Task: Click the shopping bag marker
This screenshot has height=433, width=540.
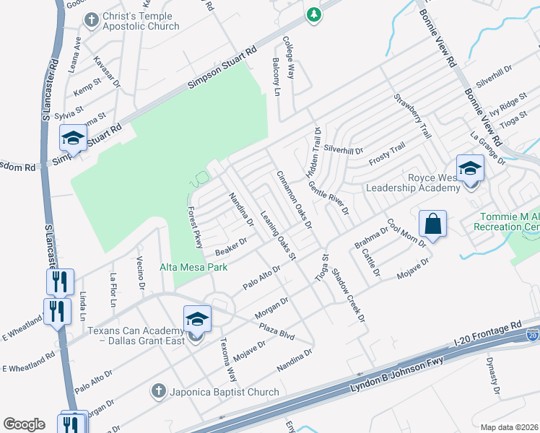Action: coord(432,224)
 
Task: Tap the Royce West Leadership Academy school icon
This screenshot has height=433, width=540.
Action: coord(470,170)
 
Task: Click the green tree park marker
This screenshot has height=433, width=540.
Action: coord(313,14)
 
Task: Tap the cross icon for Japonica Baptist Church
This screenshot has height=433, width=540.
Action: coord(158,392)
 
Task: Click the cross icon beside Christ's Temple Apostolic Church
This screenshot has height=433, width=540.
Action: coord(91,21)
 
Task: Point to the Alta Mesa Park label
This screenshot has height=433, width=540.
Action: coord(193,267)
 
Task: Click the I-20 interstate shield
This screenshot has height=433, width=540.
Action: coord(532,335)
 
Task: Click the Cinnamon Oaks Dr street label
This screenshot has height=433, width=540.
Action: coord(295,200)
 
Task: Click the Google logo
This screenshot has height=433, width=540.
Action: coord(25,424)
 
